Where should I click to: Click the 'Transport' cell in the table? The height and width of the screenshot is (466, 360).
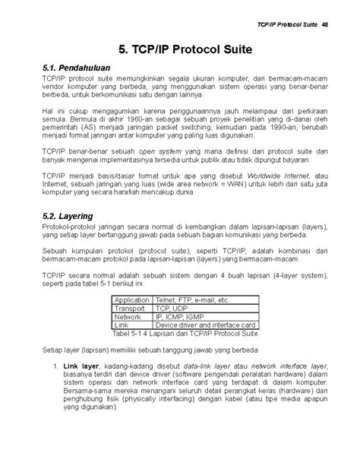point(128,309)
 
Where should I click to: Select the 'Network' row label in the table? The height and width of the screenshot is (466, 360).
point(127,317)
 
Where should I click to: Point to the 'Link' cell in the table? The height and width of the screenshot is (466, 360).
point(120,325)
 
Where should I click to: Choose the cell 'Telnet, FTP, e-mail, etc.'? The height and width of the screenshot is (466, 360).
point(191,300)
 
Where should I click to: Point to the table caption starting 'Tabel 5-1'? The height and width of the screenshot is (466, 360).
point(185,334)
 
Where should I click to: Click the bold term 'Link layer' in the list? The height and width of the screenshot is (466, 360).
point(81,366)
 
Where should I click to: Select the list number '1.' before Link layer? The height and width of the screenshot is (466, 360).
point(59,366)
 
